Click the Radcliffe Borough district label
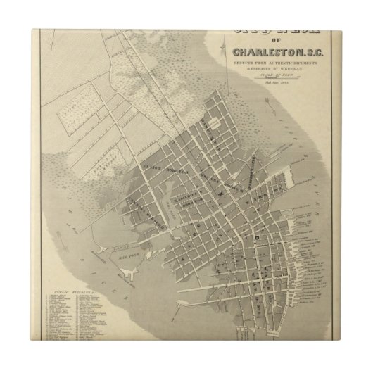[185, 201]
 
